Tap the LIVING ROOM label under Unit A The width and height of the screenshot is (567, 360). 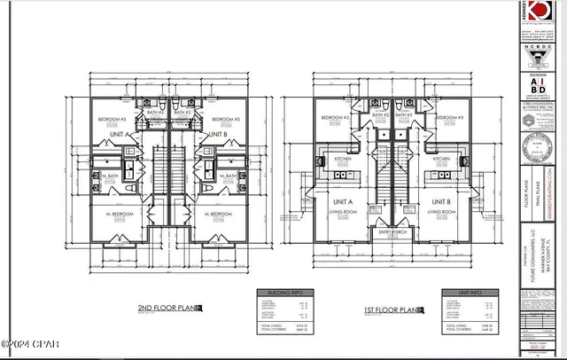coord(343,213)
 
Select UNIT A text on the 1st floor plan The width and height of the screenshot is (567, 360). coord(343,201)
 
